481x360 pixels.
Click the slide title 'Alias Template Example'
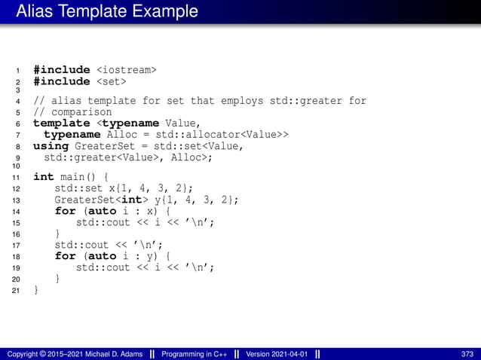[106, 11]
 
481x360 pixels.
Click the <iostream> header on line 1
[127, 70]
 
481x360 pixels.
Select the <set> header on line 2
[111, 81]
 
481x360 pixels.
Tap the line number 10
[16, 166]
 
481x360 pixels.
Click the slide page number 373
[467, 354]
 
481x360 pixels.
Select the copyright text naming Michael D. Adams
[75, 354]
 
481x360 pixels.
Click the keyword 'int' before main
[44, 177]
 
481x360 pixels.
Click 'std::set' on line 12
[75, 188]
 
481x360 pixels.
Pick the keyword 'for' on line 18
[65, 256]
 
